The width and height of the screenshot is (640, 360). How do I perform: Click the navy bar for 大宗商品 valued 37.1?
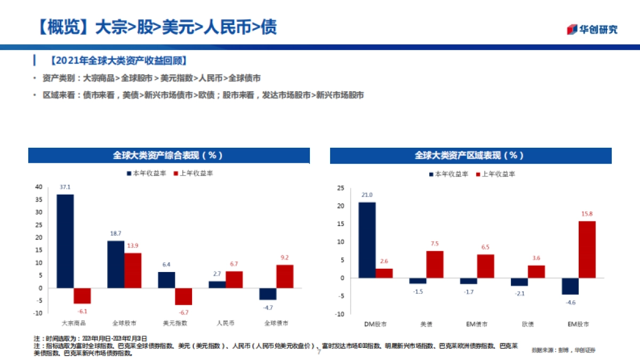click(x=65, y=241)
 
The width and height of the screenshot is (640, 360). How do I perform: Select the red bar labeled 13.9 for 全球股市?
click(x=133, y=270)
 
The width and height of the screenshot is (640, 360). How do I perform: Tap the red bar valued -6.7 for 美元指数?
click(x=183, y=297)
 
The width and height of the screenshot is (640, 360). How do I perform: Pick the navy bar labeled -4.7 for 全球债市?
click(x=268, y=294)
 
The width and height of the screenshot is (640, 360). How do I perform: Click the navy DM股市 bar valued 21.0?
click(x=366, y=240)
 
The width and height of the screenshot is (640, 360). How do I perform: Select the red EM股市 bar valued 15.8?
click(x=587, y=250)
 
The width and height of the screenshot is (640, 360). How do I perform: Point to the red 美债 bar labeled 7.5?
click(x=435, y=265)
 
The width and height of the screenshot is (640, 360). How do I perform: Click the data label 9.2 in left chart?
click(x=285, y=257)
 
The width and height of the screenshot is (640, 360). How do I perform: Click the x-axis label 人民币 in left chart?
click(x=226, y=323)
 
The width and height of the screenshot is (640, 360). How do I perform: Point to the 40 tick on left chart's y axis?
click(x=38, y=187)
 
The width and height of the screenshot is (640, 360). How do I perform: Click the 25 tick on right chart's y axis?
click(x=340, y=188)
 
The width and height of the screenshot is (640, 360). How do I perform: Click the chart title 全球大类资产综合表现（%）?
click(x=169, y=155)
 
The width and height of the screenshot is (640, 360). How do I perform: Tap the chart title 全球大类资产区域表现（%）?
click(x=470, y=155)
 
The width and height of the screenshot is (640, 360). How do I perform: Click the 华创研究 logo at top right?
click(x=592, y=29)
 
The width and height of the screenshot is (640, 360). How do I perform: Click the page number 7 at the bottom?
click(x=319, y=352)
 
